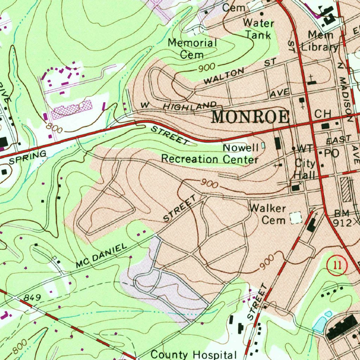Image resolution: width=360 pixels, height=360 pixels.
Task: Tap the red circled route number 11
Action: tap(337, 265)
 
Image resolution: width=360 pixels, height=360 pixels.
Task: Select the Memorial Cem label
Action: tap(192, 49)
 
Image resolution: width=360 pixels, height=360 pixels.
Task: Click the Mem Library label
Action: tap(321, 41)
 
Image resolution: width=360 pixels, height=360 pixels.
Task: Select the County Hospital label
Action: tap(194, 354)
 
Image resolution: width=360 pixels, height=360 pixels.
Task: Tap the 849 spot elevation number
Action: tap(32, 298)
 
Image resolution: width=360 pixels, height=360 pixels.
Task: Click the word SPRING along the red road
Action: tap(28, 157)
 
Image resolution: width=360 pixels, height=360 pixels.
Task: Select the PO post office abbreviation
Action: tap(330, 153)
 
